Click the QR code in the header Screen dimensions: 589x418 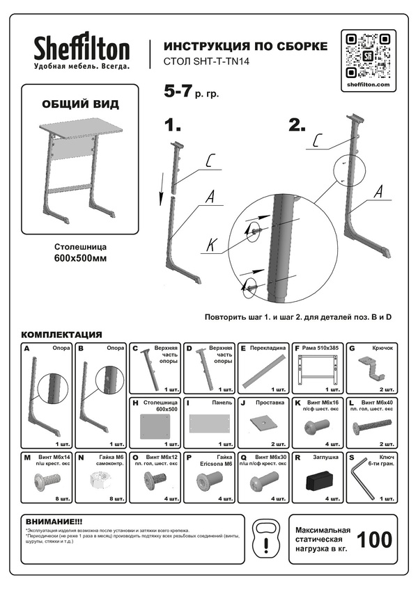pos(367,55)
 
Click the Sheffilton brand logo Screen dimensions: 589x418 pos(82,49)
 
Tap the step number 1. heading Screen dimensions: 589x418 pos(172,125)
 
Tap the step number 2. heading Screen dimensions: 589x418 pos(297,125)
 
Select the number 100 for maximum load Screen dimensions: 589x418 pos(373,540)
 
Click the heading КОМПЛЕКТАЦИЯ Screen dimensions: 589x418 pos(62,334)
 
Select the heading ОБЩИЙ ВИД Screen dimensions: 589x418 pos(80,104)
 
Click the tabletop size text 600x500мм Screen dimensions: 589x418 pos(80,259)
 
